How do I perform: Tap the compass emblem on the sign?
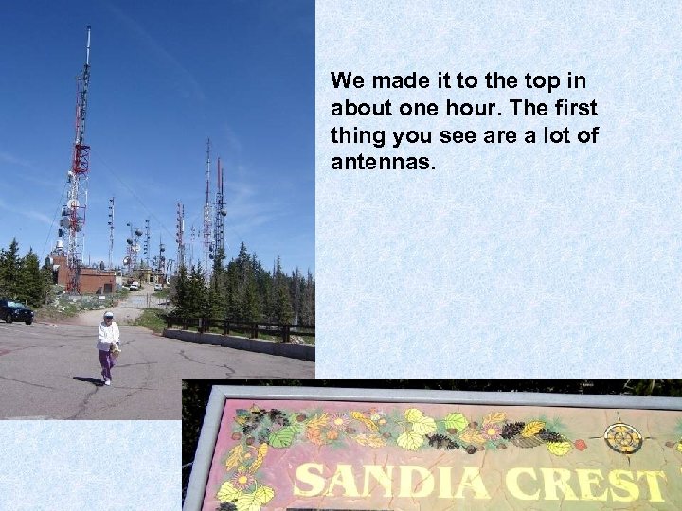point(623,438)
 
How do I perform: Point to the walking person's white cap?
point(109,316)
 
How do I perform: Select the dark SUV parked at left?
point(16,311)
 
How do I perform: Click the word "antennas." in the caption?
point(384,163)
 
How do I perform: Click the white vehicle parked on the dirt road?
point(135,286)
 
